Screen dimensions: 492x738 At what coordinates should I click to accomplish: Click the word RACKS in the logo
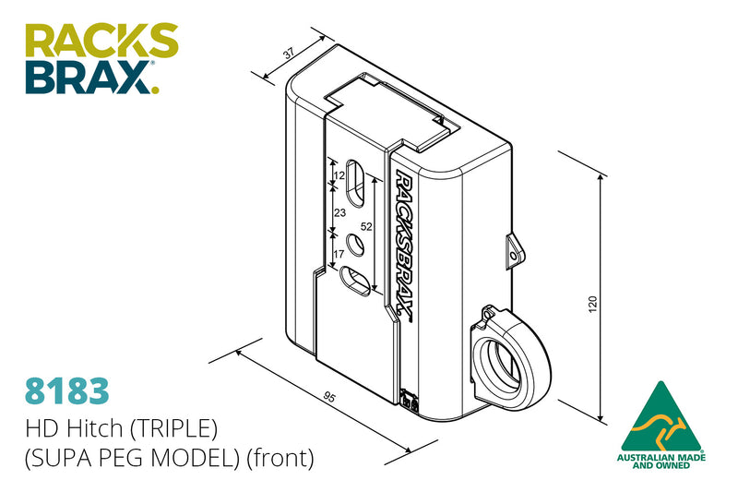tap(101, 42)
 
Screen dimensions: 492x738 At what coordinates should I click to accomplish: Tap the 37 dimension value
tap(289, 54)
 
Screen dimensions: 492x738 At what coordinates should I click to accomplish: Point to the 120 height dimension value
tap(592, 304)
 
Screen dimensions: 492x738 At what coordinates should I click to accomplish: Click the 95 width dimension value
tap(328, 398)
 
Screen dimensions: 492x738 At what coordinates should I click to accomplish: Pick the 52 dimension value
tap(366, 226)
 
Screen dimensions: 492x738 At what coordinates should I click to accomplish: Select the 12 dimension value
tap(339, 174)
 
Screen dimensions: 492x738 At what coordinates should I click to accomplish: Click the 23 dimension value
tap(339, 212)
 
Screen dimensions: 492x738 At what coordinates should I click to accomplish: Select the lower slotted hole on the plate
tap(356, 280)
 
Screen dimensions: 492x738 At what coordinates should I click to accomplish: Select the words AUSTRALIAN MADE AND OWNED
tap(661, 462)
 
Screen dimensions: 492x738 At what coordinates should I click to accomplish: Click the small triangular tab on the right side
tap(513, 249)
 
